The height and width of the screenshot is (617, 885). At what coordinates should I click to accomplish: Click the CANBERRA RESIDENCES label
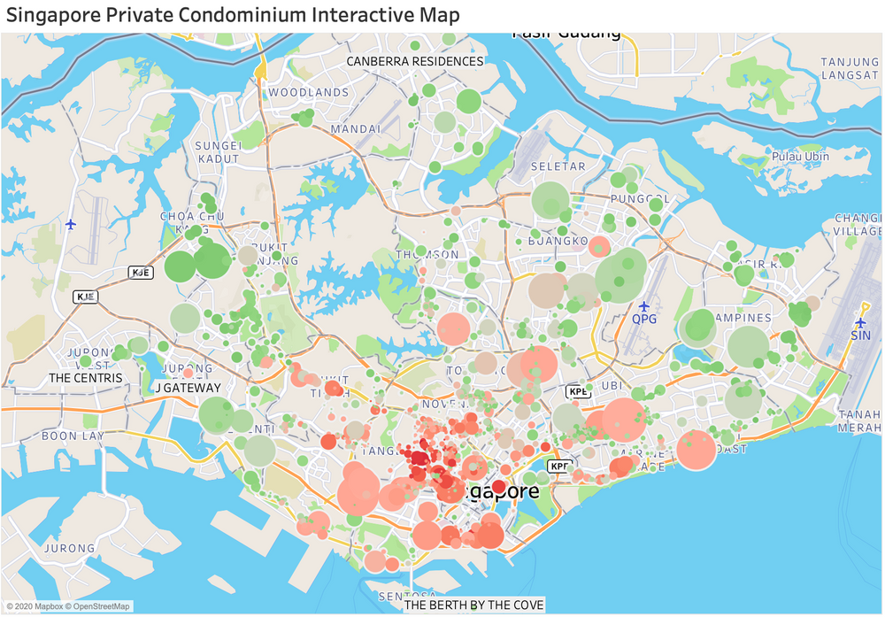coord(415,61)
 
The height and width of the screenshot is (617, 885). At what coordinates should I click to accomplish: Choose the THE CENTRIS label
coord(86,378)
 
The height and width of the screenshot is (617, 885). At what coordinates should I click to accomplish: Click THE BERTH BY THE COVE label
coord(474,605)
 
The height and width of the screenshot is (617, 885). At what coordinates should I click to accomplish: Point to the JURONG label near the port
coord(70,548)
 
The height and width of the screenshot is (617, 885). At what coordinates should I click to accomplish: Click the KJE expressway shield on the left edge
coord(84,296)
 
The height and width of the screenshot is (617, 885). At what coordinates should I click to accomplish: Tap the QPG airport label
coord(644,319)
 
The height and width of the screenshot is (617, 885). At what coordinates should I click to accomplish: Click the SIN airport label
coord(860,335)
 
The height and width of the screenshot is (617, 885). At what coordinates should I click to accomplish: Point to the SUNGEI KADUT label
coord(218,151)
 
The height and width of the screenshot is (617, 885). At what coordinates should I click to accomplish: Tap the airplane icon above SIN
coord(860,321)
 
